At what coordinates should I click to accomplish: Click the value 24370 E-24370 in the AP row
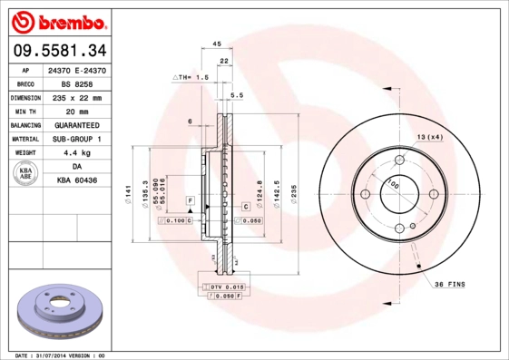point(75,70)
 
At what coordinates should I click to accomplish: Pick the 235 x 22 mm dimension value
point(75,97)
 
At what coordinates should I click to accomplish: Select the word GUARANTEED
point(75,124)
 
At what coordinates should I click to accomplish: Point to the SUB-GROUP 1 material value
point(75,139)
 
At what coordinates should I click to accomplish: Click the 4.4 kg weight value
point(75,152)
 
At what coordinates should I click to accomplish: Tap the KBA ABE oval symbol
point(25,173)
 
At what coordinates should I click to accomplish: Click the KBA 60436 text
point(75,180)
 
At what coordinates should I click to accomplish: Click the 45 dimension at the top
point(217,44)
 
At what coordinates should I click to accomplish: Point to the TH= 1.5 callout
point(191,79)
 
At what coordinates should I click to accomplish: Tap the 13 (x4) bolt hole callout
point(429,136)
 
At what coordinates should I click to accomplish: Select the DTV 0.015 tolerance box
point(222,287)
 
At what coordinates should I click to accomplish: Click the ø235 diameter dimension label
point(293,191)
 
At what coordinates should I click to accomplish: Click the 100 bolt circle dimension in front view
point(393,185)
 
